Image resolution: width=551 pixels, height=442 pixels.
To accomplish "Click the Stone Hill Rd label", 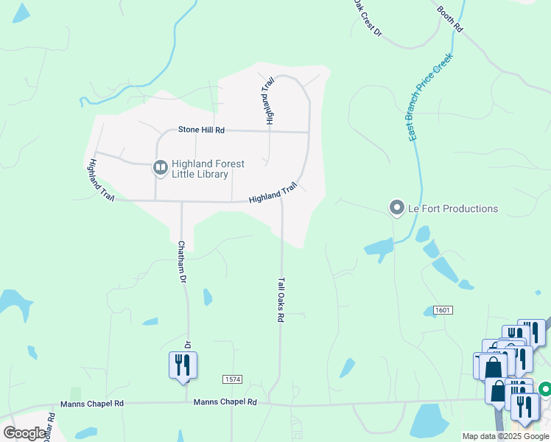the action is point(201,130).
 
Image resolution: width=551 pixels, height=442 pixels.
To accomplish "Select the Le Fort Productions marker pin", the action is point(397,208).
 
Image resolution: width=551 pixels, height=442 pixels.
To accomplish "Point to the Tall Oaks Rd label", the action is point(281,299).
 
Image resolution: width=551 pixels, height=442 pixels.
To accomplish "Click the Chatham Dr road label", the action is point(181,262).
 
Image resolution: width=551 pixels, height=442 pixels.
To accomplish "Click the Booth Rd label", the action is point(449,18).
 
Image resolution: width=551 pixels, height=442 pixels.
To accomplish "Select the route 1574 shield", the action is point(232,379).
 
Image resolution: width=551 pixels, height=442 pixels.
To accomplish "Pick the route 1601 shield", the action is point(442,310).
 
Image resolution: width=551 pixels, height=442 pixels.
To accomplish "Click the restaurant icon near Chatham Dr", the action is point(183,365).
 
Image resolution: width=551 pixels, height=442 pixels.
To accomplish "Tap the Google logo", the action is point(24,433).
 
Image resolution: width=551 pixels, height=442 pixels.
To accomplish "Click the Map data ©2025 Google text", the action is point(505,436).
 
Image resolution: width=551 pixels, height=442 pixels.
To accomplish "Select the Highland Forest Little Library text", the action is point(208,169).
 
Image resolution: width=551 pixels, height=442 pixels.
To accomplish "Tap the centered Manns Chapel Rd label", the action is point(225,402).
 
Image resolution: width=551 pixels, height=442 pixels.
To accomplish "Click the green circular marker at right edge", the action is point(545,388).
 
